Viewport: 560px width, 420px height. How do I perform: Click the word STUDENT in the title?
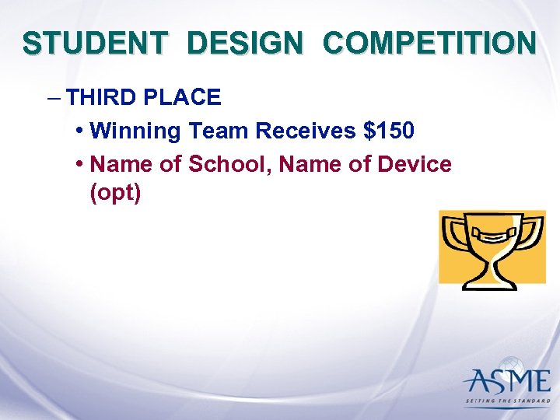[x=94, y=44]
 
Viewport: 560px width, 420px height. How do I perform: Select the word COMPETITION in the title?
[x=429, y=44]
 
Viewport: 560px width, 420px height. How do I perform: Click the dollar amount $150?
[x=389, y=131]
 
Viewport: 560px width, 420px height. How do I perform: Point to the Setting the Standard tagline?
[x=506, y=402]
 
